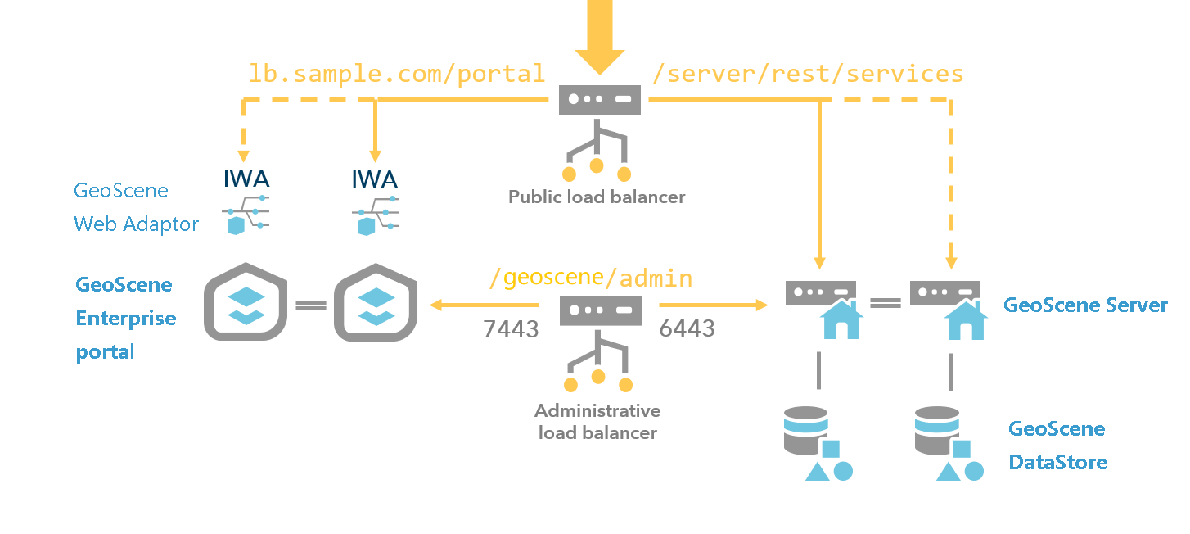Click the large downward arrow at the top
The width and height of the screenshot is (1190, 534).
[599, 37]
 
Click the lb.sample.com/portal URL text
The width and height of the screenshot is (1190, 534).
[397, 74]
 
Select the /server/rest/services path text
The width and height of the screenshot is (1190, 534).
[808, 74]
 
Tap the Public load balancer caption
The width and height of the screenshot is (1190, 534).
[597, 197]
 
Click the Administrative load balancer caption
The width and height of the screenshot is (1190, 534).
[597, 421]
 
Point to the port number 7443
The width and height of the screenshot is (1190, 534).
[511, 329]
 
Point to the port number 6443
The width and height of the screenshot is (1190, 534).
[687, 328]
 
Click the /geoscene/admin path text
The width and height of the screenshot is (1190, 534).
[590, 278]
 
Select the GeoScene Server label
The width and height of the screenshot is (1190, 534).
[1085, 305]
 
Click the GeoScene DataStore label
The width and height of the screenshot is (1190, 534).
[1057, 446]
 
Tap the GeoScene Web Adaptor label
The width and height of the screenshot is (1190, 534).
[136, 207]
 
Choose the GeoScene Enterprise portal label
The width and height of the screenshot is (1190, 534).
[125, 318]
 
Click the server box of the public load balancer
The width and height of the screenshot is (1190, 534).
[600, 99]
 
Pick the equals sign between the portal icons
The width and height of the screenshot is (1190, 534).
[310, 305]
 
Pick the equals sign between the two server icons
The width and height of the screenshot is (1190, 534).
[885, 303]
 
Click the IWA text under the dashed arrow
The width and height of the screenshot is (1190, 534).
[246, 179]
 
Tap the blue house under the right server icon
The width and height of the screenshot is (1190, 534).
[966, 321]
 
